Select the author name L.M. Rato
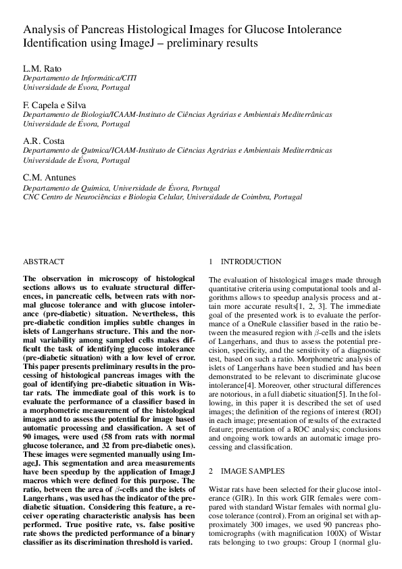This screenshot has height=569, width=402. pyautogui.click(x=42, y=69)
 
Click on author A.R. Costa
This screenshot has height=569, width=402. pyautogui.click(x=44, y=141)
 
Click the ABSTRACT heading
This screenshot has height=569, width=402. pyautogui.click(x=44, y=262)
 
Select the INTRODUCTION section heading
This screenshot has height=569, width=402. pyautogui.click(x=251, y=262)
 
